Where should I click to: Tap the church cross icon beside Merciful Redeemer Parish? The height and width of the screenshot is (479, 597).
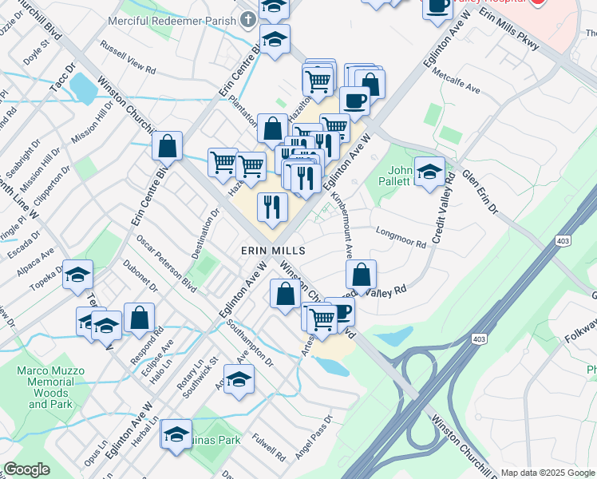tap(248, 19)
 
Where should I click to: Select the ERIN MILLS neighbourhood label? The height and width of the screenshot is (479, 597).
tap(274, 251)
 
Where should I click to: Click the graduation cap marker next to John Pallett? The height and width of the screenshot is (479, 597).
tap(429, 172)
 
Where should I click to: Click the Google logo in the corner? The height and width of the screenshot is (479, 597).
tap(26, 469)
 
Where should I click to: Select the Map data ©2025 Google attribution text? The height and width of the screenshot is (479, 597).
tap(548, 473)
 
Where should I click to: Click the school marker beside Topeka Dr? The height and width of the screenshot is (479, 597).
tap(77, 275)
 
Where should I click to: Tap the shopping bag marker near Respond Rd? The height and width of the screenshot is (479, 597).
tap(139, 317)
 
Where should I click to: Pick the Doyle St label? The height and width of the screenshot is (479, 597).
tap(37, 51)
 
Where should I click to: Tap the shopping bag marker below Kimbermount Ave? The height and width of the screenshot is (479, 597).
tap(362, 275)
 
